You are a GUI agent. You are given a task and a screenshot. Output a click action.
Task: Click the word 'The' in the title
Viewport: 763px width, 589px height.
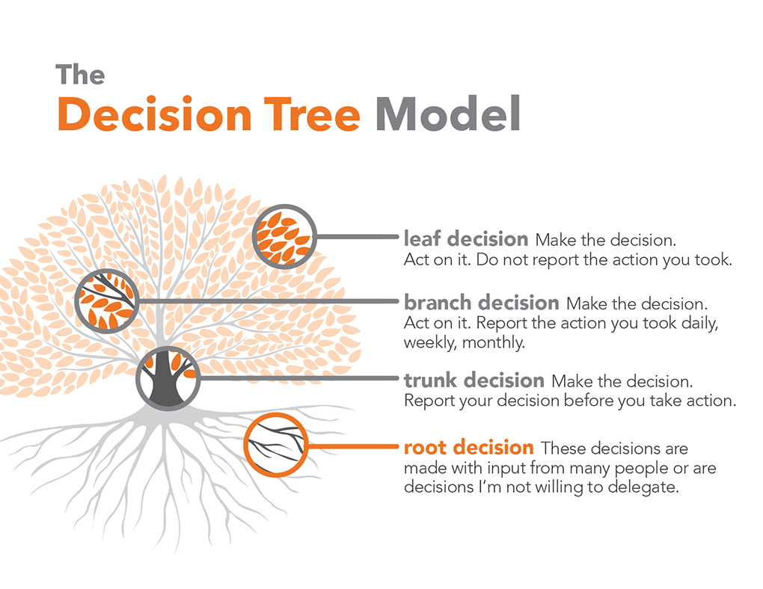pos(80,75)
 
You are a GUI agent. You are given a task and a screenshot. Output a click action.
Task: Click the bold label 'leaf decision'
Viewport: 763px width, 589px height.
pos(465,239)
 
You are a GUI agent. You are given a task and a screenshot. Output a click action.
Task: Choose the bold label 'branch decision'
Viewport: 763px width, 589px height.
pos(481,303)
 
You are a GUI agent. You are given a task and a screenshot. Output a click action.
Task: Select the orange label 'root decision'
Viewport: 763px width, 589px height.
pos(468,448)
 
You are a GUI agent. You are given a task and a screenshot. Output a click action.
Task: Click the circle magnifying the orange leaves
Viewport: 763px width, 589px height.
pos(284,236)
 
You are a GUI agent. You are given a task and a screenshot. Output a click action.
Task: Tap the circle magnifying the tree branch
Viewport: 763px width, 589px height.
pos(108,300)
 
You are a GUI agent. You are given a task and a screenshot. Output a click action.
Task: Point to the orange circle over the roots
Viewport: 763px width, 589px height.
pos(275,445)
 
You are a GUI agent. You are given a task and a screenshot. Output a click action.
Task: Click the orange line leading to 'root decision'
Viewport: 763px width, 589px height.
pos(352,448)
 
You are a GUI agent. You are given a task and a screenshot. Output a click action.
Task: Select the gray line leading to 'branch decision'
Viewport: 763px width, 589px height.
pos(269,300)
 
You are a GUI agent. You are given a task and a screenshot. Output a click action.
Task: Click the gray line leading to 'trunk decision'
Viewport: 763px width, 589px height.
pos(299,378)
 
